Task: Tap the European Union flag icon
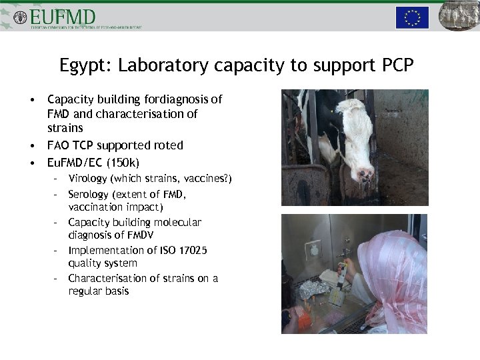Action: click(x=412, y=17)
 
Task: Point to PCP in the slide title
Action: click(x=398, y=66)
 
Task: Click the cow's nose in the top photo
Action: click(x=365, y=175)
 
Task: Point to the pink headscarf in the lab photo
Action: click(x=393, y=267)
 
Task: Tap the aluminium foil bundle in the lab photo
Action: click(x=312, y=289)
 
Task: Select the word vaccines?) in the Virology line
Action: click(x=208, y=179)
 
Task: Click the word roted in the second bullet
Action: click(x=169, y=145)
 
